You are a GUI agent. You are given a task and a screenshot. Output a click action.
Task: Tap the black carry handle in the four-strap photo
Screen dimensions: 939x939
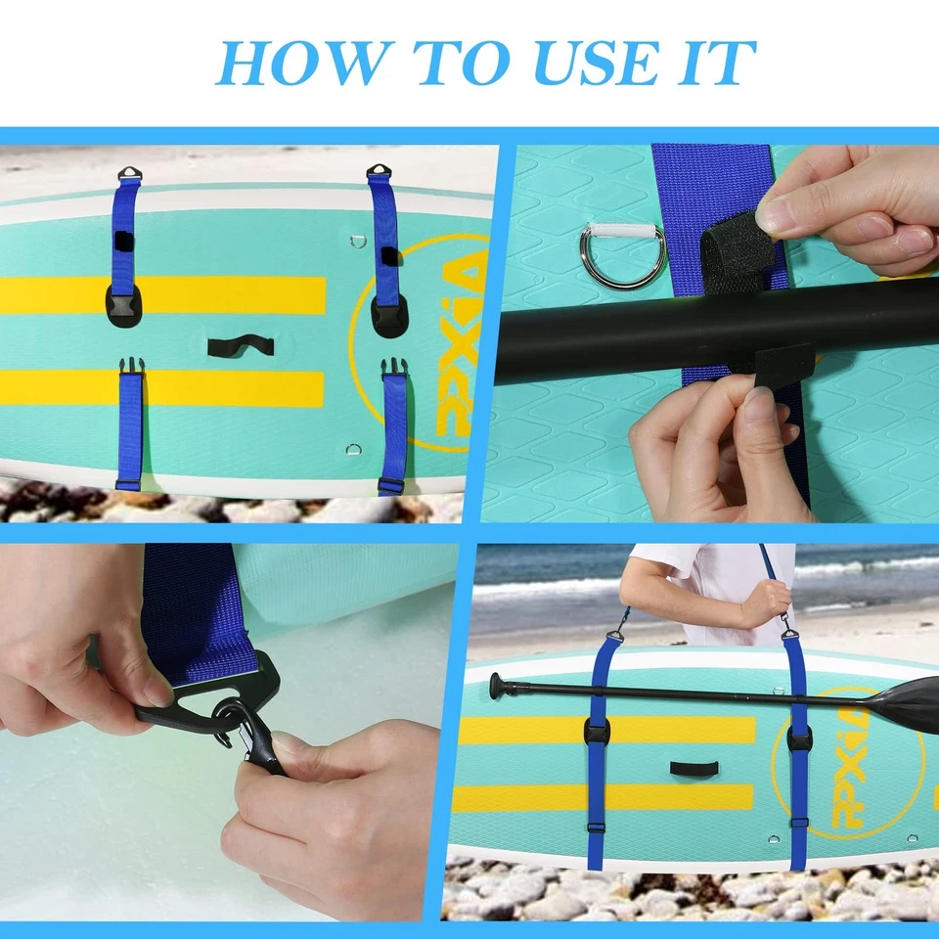(240, 345)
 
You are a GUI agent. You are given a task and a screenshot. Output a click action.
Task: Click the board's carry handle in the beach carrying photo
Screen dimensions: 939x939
(694, 768)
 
